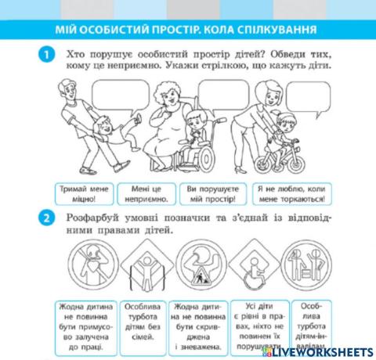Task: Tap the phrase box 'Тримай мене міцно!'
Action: click(x=86, y=193)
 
